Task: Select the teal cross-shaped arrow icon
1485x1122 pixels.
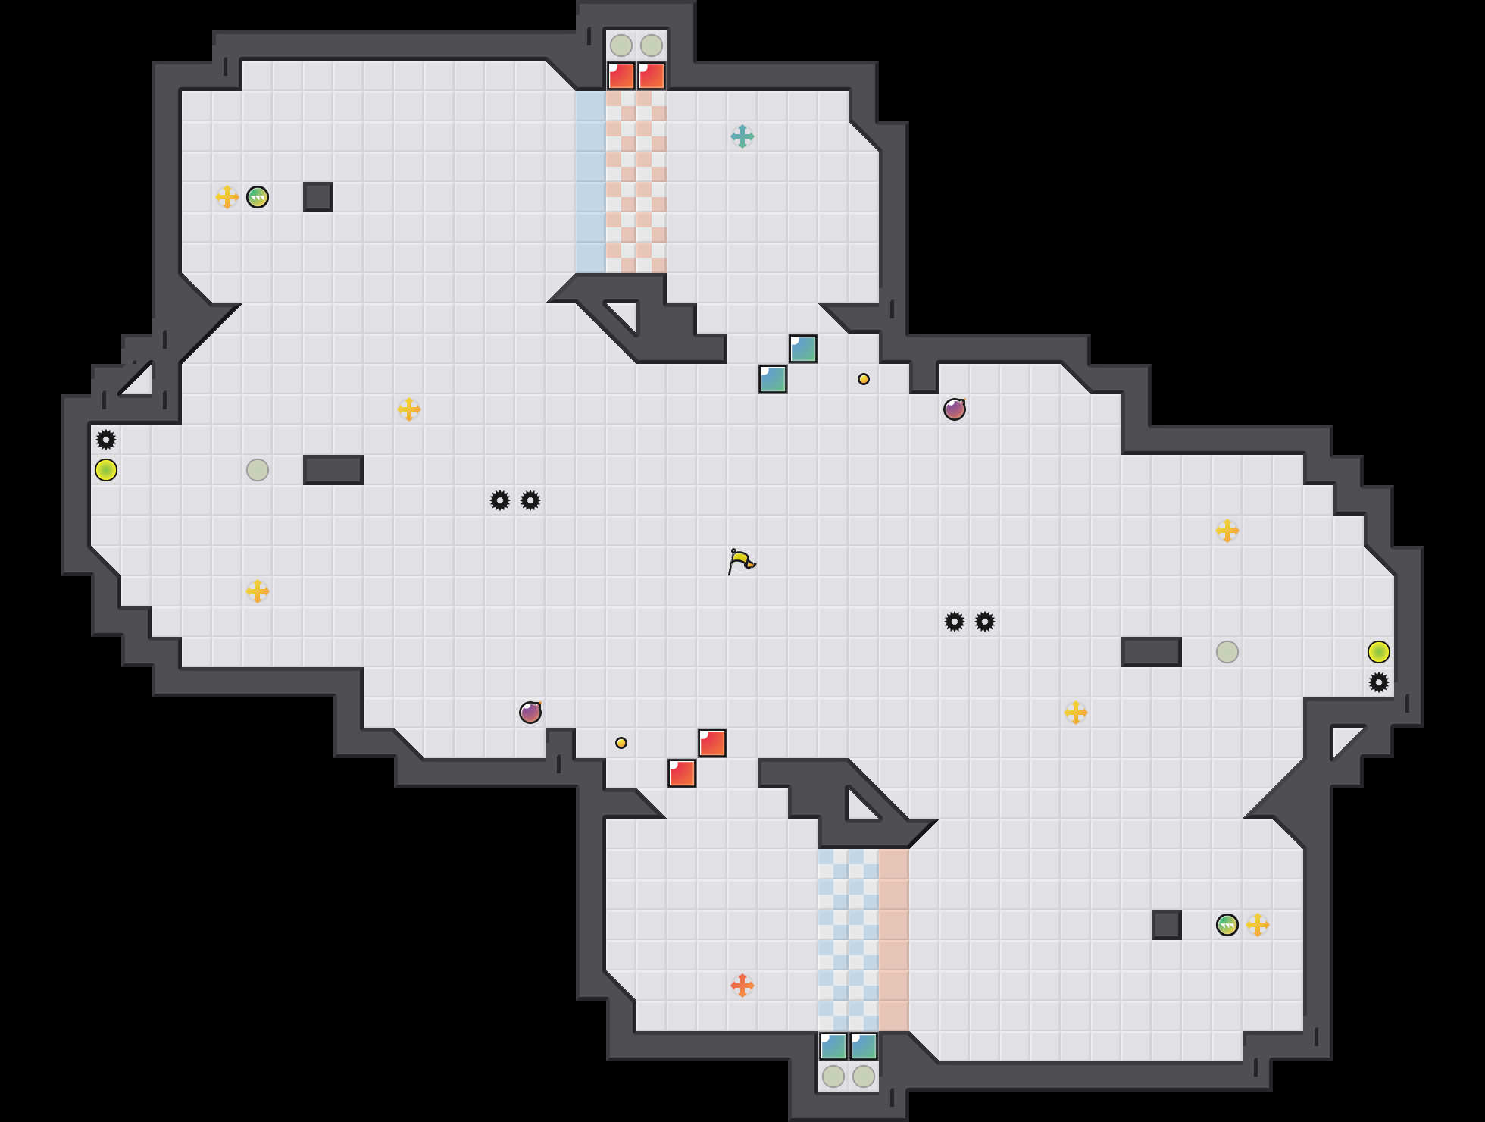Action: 742,136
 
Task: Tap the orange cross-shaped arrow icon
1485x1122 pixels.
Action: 742,986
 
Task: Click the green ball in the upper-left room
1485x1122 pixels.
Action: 258,197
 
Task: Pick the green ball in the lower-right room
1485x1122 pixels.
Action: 1227,925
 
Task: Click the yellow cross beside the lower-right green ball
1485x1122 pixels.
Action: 1258,925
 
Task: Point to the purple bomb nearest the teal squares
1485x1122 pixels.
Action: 955,409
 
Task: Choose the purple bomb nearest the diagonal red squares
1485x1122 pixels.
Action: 530,713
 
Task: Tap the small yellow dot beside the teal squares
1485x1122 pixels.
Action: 864,379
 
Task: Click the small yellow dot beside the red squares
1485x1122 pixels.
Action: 621,743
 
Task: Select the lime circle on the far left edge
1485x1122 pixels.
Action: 106,470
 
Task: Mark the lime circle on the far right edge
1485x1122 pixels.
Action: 1379,652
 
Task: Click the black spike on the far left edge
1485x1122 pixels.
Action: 106,440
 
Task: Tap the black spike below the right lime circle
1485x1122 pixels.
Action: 1379,682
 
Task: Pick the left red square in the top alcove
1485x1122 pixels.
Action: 621,76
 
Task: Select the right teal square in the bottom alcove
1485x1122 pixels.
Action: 864,1046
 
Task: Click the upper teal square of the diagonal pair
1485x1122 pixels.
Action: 803,349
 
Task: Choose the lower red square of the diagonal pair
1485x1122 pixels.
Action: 682,773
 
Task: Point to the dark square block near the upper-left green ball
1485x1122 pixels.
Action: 318,197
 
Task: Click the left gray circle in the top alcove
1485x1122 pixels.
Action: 621,45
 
